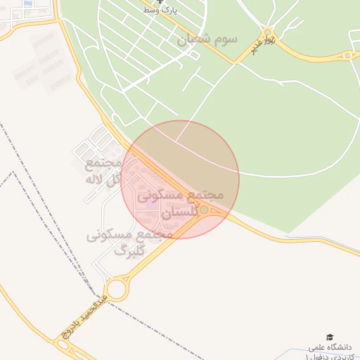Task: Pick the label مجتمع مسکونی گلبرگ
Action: tap(129, 242)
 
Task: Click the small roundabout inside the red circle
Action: tap(204, 210)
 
